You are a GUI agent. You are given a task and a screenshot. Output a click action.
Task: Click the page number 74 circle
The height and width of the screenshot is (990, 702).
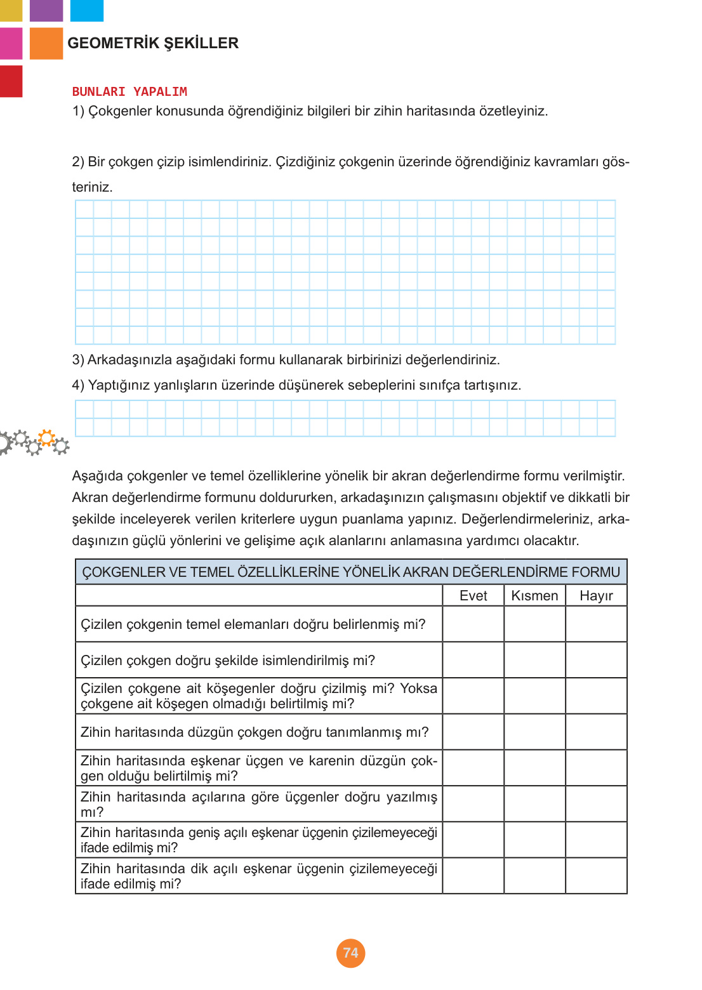point(350,953)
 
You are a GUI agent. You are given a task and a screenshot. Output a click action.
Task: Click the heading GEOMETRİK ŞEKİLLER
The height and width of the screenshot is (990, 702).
point(153,43)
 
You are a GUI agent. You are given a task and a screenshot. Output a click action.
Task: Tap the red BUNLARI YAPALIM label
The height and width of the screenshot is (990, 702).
point(129,91)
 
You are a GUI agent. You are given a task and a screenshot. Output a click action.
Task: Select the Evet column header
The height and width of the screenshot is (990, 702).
point(473,595)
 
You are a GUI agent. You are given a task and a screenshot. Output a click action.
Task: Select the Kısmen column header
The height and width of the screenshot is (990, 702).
point(534,595)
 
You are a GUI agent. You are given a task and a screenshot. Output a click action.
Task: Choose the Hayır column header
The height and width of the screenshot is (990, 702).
point(596,595)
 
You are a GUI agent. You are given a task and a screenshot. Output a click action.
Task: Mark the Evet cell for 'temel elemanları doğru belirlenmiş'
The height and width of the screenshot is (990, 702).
point(473,624)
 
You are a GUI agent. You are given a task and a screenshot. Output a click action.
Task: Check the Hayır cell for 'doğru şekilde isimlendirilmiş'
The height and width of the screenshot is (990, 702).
point(596,660)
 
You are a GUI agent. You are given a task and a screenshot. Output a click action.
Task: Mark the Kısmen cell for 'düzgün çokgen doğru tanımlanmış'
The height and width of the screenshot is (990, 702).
point(534,732)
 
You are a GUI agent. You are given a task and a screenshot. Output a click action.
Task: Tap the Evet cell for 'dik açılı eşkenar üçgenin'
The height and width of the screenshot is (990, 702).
point(473,876)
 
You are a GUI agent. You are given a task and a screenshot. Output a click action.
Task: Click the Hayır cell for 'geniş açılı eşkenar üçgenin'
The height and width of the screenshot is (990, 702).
point(596,840)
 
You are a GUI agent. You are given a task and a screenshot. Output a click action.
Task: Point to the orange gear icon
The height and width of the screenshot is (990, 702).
point(46,437)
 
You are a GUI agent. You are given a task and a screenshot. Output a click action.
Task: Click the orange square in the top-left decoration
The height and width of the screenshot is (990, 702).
point(46,43)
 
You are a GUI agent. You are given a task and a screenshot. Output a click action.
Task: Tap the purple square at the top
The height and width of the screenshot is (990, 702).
point(46,10)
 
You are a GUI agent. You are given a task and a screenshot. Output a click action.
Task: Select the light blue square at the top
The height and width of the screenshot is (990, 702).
point(86,10)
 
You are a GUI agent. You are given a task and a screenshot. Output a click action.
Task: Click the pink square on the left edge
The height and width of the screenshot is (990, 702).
point(11,43)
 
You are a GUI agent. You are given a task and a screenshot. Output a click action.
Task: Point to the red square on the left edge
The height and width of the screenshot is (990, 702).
point(11,81)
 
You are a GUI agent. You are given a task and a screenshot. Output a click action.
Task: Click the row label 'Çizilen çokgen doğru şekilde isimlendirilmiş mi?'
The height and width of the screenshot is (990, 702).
point(228,660)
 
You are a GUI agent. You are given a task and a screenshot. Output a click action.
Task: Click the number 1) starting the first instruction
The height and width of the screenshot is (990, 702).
point(78,111)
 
